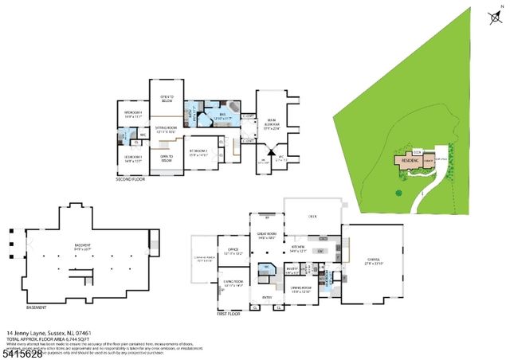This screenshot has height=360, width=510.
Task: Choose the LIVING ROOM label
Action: pos(233,283)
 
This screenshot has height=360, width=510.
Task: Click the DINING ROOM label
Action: pos(300,289)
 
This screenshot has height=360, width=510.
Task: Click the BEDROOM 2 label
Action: pos(198,152)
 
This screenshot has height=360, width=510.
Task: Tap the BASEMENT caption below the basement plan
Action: pos(36,307)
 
